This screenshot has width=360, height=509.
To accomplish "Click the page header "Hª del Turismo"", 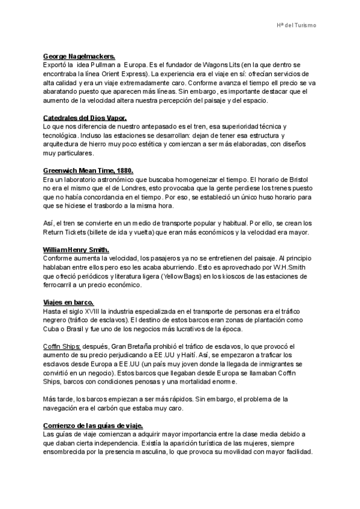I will pos(296,25).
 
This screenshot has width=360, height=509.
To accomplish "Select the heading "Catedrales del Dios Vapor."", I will pos(85,118).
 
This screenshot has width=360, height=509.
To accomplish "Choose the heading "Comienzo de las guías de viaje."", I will pos(93,426).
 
